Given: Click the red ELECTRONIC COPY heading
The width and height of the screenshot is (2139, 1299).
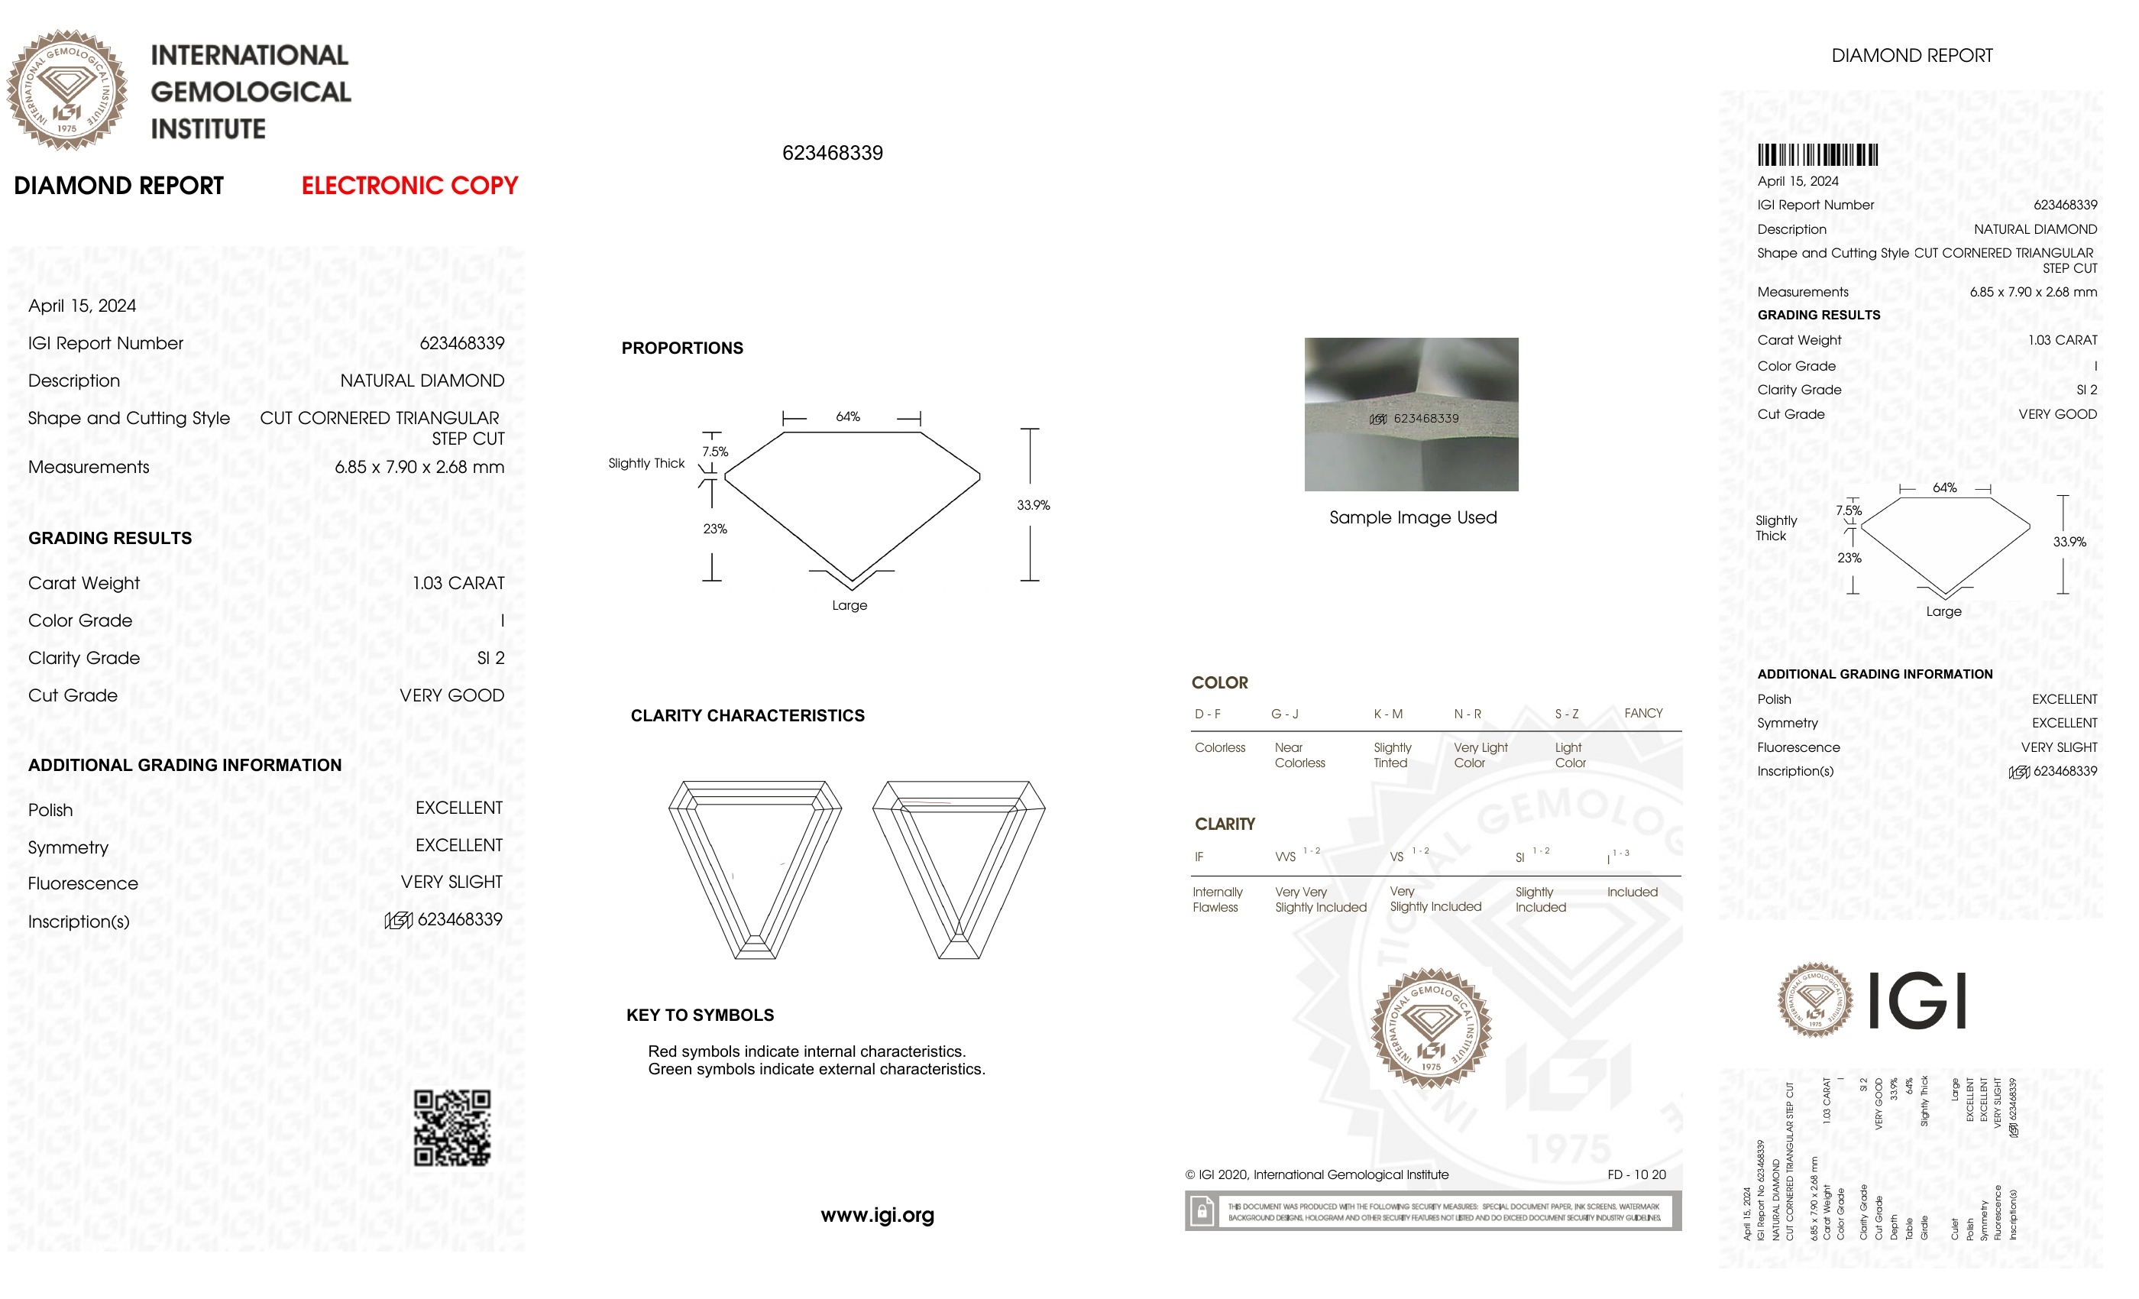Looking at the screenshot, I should coord(409,186).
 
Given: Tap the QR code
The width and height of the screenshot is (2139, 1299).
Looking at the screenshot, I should coord(451,1127).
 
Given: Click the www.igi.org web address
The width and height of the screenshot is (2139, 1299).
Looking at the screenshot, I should coord(877,1215).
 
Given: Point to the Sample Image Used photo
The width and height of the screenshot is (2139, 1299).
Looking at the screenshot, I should coord(1411,414).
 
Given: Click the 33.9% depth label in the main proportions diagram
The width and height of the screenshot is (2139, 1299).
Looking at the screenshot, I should coord(1033,505).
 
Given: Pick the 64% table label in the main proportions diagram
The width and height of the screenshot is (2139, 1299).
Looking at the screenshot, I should coord(847,416).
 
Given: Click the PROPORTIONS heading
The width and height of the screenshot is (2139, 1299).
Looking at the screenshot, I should coord(682,348).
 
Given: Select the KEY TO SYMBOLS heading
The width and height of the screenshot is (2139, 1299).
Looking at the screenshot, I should coord(700,1015).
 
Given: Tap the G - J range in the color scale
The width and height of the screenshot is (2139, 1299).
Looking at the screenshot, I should coord(1285,714).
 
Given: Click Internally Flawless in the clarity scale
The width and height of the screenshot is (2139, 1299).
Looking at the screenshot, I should coord(1217,899).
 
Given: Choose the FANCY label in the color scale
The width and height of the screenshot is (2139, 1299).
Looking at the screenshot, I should coord(1642,713).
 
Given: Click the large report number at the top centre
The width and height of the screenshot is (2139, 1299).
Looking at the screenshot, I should coord(832,153).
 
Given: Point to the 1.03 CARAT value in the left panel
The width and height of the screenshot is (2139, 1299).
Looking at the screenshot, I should coord(458,584).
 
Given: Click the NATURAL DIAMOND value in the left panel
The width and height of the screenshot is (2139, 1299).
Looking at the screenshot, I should coord(422,381).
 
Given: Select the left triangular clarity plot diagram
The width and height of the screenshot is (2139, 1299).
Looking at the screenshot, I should coord(755,868).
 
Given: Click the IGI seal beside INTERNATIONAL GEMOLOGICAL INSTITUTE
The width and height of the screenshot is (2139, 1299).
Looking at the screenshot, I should coord(67,89).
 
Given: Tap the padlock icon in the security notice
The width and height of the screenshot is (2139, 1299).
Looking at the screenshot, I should coord(1202,1210).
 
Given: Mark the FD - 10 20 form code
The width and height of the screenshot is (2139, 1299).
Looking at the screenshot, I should coord(1636,1175).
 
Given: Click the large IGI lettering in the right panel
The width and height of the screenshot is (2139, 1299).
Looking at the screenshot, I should coord(1916,1000).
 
